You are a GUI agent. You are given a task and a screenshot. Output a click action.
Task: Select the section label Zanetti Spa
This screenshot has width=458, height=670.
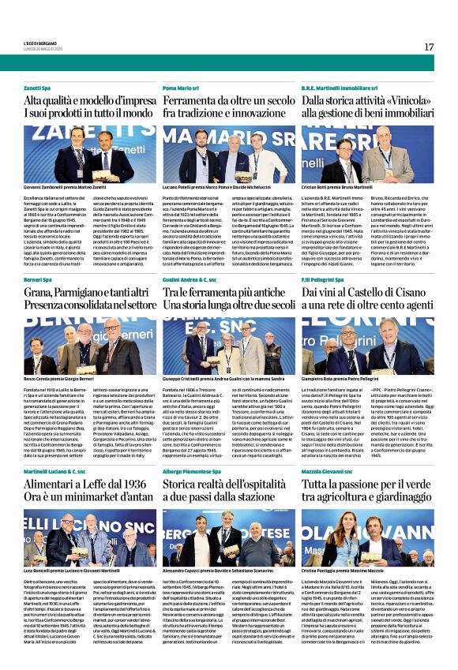(x=37, y=88)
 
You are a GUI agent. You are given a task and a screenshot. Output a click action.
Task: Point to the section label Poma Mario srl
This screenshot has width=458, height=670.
(x=181, y=88)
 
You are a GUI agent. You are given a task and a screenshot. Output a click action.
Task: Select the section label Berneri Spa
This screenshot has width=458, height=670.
(x=38, y=280)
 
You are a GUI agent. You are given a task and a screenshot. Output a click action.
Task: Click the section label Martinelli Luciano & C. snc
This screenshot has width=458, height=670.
(x=54, y=470)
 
